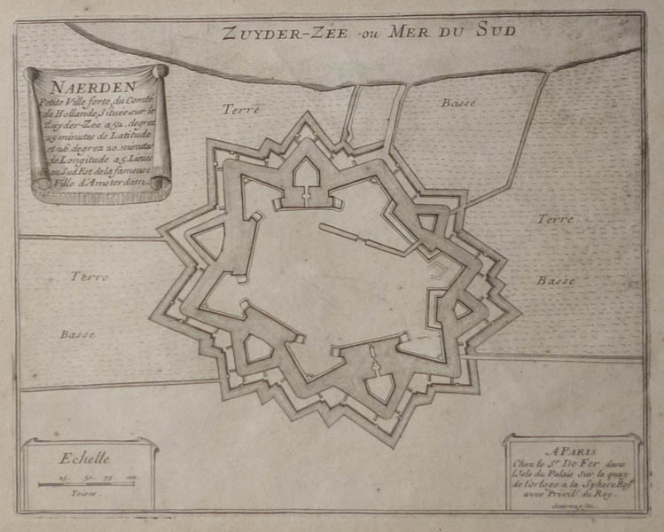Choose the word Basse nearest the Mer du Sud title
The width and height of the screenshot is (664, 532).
[458, 104]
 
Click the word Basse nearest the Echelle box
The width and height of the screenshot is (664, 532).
[78, 334]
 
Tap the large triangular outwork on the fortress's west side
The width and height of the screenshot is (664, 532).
[209, 239]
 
